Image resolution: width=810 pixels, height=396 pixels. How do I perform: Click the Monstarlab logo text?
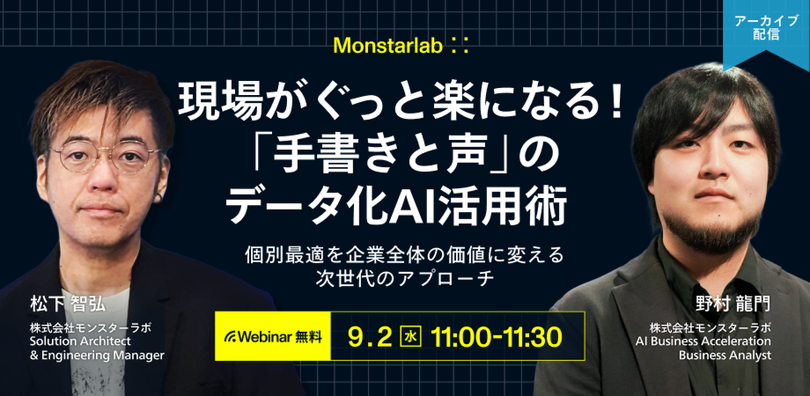pyautogui.click(x=402, y=46)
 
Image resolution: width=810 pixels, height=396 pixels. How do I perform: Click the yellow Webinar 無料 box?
pyautogui.click(x=273, y=337)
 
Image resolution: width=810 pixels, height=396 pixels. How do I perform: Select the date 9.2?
pyautogui.click(x=369, y=337)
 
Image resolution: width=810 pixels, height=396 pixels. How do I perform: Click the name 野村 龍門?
pyautogui.click(x=733, y=304)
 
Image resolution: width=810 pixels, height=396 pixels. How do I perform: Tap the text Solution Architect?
pyautogui.click(x=81, y=341)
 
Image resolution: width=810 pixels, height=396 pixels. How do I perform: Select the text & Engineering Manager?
pyautogui.click(x=97, y=355)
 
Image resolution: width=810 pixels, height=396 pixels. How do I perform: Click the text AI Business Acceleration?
pyautogui.click(x=703, y=341)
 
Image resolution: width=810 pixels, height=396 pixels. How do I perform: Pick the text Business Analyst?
pyautogui.click(x=725, y=355)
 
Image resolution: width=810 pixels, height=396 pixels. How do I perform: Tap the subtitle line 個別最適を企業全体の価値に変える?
pyautogui.click(x=405, y=255)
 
